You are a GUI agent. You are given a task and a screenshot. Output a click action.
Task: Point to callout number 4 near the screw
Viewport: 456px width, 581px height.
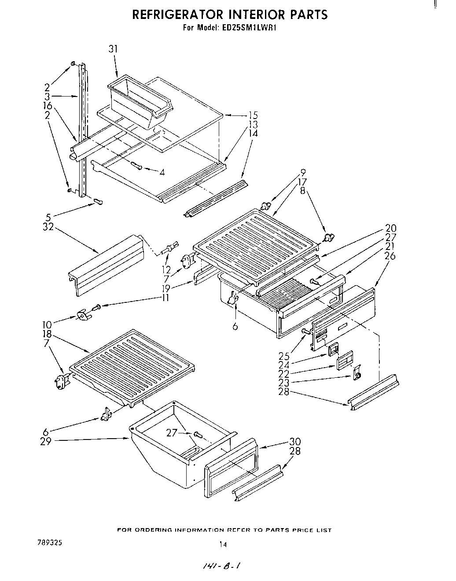(162, 172)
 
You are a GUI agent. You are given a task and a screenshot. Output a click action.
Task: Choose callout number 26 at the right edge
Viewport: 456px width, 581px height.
(390, 256)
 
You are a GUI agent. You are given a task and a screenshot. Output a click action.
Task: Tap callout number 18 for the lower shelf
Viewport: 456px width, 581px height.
(47, 334)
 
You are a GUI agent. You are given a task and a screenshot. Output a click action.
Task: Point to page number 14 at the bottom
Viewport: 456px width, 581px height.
(223, 544)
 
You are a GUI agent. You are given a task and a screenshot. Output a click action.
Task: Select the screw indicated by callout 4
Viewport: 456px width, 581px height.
(136, 166)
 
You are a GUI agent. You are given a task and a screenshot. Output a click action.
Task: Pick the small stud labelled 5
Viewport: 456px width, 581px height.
(98, 202)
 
